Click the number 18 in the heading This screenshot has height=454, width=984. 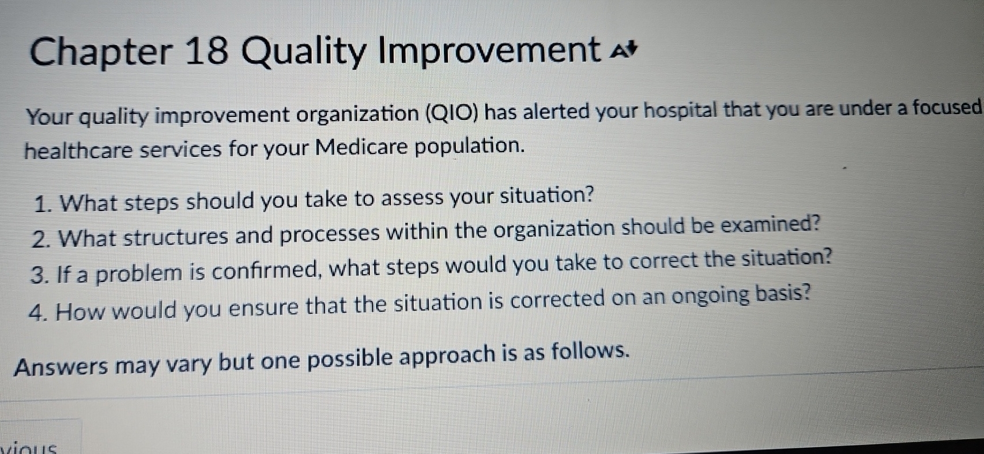(x=208, y=51)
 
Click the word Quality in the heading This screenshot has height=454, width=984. (x=303, y=52)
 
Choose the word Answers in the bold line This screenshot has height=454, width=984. (x=61, y=366)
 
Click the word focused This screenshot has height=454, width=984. (x=951, y=107)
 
